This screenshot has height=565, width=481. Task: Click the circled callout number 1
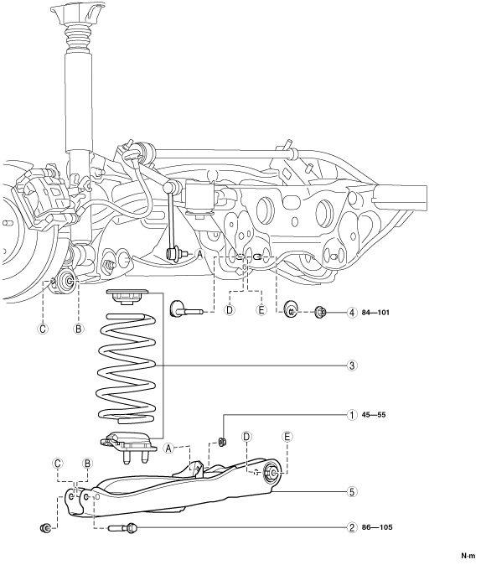pyautogui.click(x=352, y=415)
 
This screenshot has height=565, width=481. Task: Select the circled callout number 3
pyautogui.click(x=352, y=365)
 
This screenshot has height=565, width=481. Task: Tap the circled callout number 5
pyautogui.click(x=352, y=492)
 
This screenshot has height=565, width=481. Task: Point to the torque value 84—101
pyautogui.click(x=375, y=313)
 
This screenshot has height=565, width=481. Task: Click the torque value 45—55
pyautogui.click(x=373, y=415)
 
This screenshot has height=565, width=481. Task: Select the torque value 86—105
pyautogui.click(x=377, y=527)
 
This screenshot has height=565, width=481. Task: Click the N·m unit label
pyautogui.click(x=468, y=555)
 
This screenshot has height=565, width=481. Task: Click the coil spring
pyautogui.click(x=127, y=368)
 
